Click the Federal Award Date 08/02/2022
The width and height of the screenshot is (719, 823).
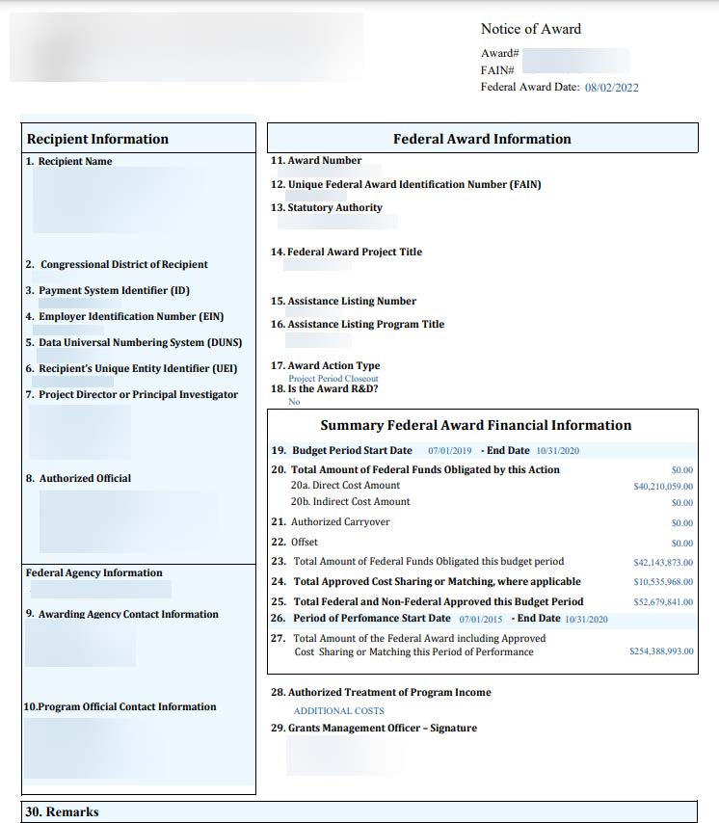click(611, 88)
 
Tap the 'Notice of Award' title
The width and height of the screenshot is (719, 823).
click(531, 29)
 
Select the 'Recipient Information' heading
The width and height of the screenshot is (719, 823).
click(97, 139)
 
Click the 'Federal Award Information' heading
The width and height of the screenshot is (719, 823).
click(482, 139)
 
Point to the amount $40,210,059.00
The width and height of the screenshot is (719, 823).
click(662, 487)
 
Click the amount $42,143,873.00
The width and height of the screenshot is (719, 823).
click(662, 562)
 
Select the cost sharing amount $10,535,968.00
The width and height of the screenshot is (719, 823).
click(662, 582)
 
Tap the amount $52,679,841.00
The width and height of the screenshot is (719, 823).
click(662, 602)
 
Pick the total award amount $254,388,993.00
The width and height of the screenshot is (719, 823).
click(660, 651)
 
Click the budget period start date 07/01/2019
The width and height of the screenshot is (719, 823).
click(449, 451)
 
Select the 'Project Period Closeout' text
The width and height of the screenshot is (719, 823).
click(333, 379)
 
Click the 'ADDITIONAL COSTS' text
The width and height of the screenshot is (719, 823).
click(338, 711)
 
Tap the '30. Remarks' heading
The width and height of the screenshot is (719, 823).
click(62, 811)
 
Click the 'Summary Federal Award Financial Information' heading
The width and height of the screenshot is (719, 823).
click(475, 425)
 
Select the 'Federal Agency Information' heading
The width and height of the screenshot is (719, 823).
click(93, 572)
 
